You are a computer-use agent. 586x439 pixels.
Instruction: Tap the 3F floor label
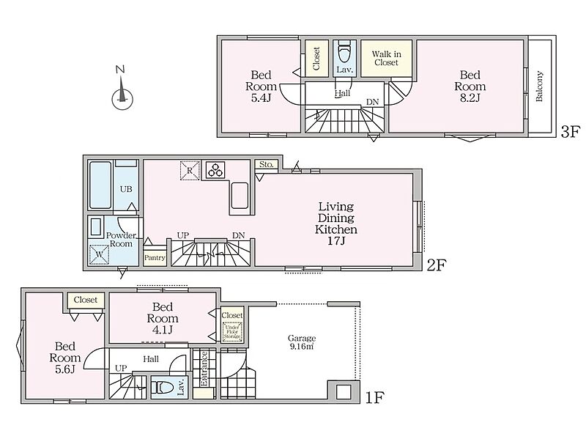click(571, 132)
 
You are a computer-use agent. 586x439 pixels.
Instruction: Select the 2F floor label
click(437, 265)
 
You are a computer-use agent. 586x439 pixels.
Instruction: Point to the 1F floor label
click(375, 397)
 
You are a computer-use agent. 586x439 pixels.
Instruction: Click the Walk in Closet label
click(387, 59)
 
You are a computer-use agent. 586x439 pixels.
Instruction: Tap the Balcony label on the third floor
click(539, 86)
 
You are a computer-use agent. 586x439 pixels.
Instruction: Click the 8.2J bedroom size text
click(470, 98)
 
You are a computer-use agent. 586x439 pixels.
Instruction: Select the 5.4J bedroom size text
click(261, 98)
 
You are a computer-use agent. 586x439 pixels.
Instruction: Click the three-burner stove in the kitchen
click(216, 169)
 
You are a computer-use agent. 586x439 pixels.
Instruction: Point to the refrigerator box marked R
click(190, 170)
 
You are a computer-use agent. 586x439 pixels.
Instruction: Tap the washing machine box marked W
click(99, 254)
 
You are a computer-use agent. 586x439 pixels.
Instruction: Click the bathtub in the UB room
click(100, 185)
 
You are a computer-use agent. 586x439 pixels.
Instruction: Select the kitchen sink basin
click(240, 195)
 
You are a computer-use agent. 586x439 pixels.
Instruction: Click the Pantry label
click(155, 258)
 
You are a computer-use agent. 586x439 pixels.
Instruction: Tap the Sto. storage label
click(267, 164)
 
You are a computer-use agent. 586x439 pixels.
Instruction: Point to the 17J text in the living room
click(336, 240)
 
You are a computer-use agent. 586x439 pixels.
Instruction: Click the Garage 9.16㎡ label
click(302, 342)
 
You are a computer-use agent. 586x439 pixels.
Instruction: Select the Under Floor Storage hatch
click(232, 331)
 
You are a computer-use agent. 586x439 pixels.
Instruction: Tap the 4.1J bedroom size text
click(163, 330)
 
